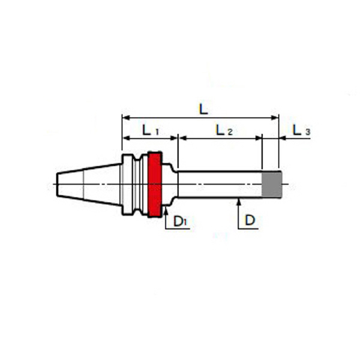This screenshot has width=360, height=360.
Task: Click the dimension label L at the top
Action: [203, 109]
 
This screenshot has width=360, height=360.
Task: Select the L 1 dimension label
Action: [151, 130]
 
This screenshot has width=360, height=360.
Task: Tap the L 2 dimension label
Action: [224, 130]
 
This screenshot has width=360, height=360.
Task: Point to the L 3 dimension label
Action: [301, 130]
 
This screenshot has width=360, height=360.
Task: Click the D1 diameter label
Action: [181, 221]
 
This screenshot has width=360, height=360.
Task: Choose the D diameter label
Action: [250, 220]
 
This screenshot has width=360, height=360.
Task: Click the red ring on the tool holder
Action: [155, 184]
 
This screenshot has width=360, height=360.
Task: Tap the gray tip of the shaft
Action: [272, 185]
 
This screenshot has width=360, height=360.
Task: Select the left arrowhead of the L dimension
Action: [127, 118]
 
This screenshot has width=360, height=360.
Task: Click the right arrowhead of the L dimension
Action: [275, 118]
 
